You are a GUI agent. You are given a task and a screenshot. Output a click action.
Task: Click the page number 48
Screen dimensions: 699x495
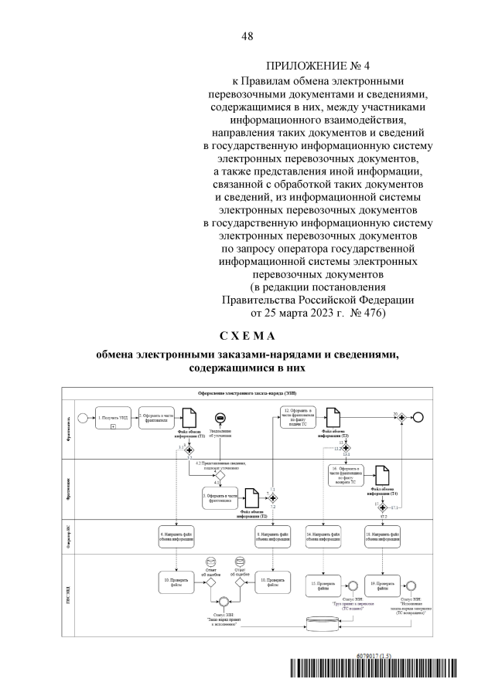click(x=247, y=36)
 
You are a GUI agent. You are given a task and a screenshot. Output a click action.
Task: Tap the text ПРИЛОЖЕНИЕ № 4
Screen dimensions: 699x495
click(x=306, y=65)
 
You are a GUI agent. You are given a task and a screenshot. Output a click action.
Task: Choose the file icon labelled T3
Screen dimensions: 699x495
click(x=331, y=418)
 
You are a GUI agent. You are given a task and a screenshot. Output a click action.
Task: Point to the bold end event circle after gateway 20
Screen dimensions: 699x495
click(x=419, y=417)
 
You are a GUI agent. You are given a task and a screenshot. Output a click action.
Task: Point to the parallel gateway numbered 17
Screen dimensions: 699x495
click(x=380, y=505)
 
